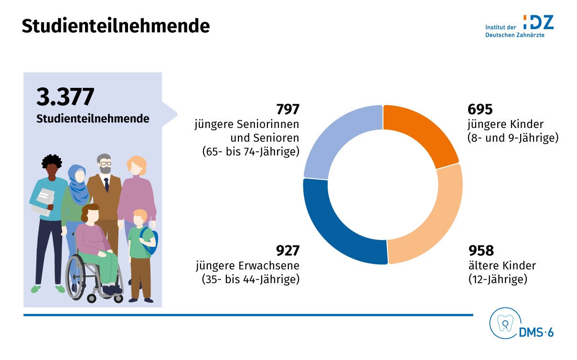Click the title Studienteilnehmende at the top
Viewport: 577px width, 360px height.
click(116, 26)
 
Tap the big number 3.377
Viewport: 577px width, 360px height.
click(65, 97)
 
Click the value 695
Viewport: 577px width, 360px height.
click(480, 110)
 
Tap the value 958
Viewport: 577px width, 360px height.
click(481, 251)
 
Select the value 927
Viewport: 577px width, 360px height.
click(288, 251)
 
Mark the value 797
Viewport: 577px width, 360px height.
click(288, 110)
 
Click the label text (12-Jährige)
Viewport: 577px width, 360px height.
click(498, 279)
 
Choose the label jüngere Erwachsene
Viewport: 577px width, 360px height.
click(247, 265)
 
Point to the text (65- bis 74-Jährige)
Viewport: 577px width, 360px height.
click(250, 152)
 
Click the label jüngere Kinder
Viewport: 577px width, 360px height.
click(506, 125)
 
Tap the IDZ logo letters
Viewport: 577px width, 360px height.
click(538, 22)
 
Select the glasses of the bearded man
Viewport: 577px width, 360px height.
click(105, 164)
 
